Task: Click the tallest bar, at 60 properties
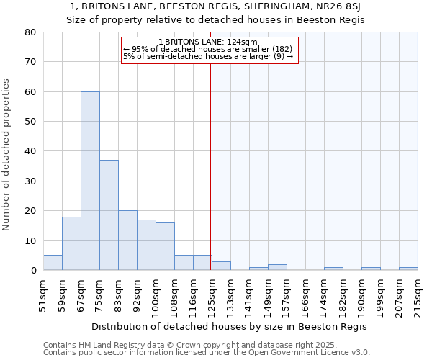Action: coord(90,181)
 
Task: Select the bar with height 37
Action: coord(109,215)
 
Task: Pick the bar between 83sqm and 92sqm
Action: coord(127,240)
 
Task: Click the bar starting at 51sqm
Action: coord(53,263)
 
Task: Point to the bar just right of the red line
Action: coord(221,266)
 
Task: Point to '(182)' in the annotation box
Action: coord(282,49)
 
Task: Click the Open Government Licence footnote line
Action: coord(207,352)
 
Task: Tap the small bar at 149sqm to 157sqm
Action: coord(277,267)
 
